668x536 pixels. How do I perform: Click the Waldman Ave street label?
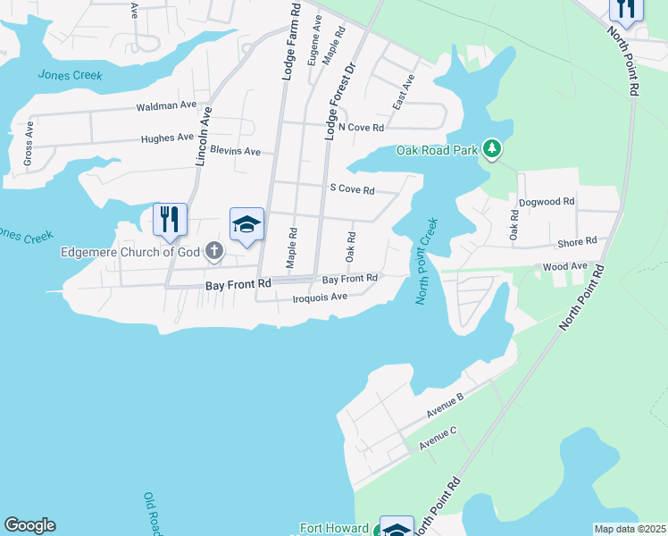[x=165, y=106]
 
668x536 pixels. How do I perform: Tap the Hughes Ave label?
[x=167, y=138]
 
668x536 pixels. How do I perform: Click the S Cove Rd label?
[x=352, y=189]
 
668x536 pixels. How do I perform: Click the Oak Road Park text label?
[x=438, y=151]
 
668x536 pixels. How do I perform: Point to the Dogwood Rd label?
[x=546, y=203]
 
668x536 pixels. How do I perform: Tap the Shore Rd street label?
[x=576, y=242]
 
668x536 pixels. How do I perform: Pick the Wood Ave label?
[x=564, y=266]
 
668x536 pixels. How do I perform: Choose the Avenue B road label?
[x=446, y=408]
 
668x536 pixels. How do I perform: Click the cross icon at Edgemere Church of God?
[x=214, y=251]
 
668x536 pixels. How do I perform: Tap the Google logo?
[x=29, y=525]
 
